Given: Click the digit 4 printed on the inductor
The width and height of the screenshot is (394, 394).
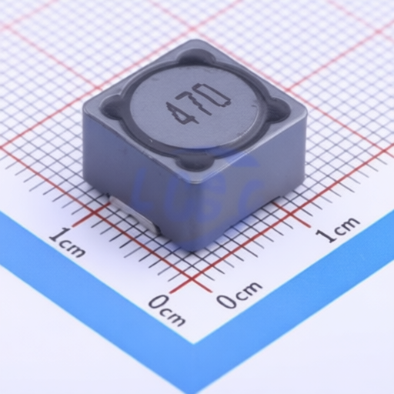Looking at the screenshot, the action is pyautogui.click(x=178, y=112).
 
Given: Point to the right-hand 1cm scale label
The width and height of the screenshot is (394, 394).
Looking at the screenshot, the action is pyautogui.click(x=337, y=229).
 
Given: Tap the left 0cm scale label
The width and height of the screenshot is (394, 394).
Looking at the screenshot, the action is pyautogui.click(x=167, y=310).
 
